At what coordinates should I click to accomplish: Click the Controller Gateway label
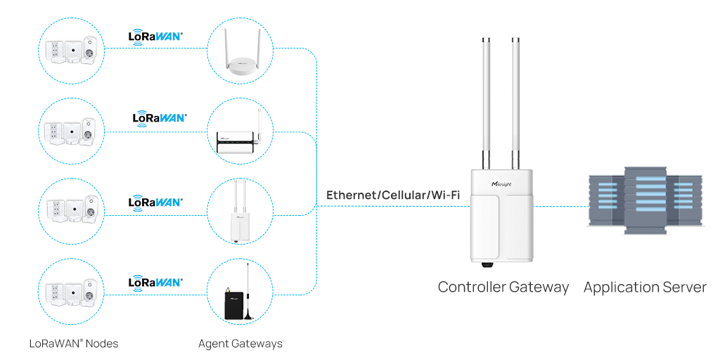click(503, 287)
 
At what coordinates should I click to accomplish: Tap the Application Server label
click(644, 287)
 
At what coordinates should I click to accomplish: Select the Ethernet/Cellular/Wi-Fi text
click(392, 195)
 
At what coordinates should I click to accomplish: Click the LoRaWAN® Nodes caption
click(73, 344)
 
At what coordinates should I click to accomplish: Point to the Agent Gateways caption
click(240, 344)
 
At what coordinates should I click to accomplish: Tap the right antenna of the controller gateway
click(515, 98)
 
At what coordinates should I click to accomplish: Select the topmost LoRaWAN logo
click(155, 35)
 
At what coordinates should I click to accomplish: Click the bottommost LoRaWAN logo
click(155, 282)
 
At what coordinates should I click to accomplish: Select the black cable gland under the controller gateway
click(486, 266)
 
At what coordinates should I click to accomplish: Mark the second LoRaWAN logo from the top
click(160, 117)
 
